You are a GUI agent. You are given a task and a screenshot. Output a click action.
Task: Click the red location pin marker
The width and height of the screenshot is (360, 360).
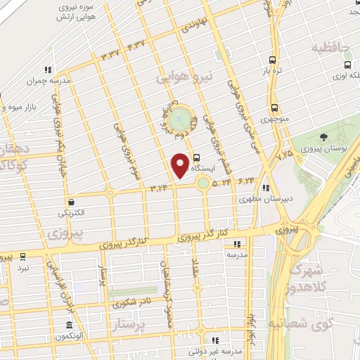tap(181, 165)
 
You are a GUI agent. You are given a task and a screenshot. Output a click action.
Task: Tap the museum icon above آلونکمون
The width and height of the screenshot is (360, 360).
tap(68, 326)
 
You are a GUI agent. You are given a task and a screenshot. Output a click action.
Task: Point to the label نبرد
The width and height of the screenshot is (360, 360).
tap(23, 268)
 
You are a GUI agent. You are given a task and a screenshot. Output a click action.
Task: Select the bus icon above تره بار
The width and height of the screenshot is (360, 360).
tap(275, 60)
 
